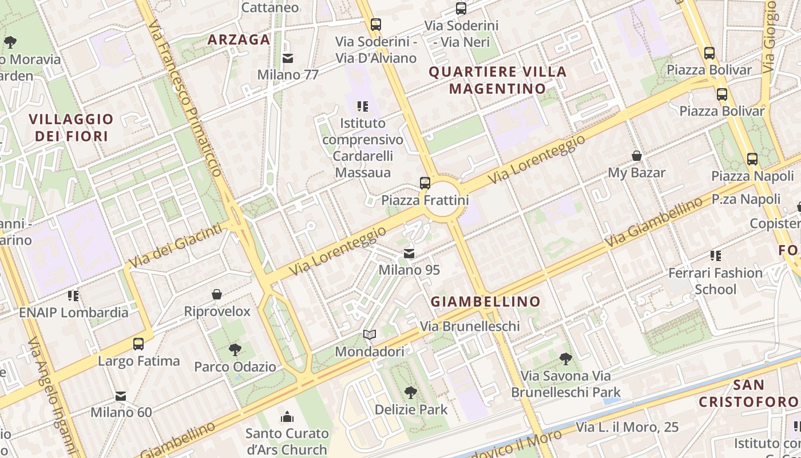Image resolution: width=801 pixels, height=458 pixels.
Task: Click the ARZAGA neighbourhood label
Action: (x=239, y=40)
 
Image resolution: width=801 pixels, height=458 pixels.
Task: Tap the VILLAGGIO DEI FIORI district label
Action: (x=72, y=127)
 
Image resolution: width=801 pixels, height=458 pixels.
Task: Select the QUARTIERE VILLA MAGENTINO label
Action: (x=497, y=80)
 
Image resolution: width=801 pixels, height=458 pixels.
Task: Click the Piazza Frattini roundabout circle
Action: (x=443, y=199)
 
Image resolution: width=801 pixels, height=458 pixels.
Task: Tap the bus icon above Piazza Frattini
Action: (x=425, y=183)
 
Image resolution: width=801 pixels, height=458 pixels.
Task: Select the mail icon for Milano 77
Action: (x=288, y=58)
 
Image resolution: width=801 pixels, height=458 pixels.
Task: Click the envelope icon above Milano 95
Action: (x=409, y=254)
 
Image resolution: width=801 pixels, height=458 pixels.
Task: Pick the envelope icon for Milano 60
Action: (x=121, y=396)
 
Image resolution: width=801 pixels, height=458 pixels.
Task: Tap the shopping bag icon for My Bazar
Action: (x=636, y=156)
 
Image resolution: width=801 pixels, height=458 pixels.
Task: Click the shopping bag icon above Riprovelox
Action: (x=217, y=295)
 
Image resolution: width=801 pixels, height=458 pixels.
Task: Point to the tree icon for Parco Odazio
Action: (x=235, y=349)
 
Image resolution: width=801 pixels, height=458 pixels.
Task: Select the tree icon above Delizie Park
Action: (x=410, y=393)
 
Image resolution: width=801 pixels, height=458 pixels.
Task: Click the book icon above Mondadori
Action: (x=370, y=335)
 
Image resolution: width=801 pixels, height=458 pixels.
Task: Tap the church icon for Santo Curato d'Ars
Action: (x=287, y=416)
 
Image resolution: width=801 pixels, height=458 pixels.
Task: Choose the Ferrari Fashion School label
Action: (x=715, y=281)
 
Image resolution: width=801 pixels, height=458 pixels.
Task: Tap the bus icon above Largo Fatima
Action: (x=138, y=344)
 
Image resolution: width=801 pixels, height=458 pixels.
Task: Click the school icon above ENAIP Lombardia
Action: (x=73, y=295)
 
